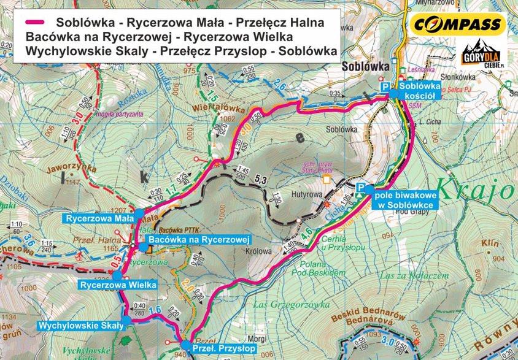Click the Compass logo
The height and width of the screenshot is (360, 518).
pos(458,25)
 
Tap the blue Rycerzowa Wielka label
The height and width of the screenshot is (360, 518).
pos(117,285)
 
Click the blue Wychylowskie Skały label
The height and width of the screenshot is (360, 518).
pos(81,325)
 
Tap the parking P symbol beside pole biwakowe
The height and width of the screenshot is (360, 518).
pos(361,188)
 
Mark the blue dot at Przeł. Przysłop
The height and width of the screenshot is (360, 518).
pos(185,345)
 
